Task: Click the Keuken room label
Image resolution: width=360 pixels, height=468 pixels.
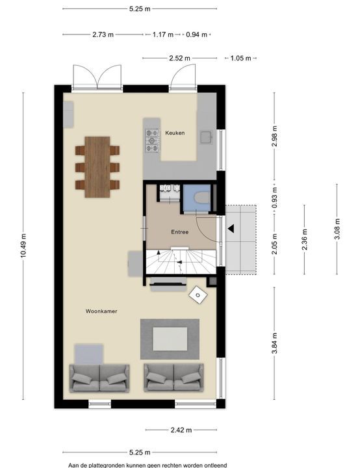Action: point(175,133)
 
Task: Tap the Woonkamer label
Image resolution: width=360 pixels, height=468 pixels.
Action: point(101,311)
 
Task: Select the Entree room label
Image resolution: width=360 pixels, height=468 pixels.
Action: point(180,232)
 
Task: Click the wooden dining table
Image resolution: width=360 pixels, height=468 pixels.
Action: point(97,167)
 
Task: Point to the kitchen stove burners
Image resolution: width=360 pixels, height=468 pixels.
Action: point(152,140)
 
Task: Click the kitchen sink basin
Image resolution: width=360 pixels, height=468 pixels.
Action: point(206,138)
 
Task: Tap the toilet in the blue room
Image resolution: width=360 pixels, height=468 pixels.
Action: point(201,198)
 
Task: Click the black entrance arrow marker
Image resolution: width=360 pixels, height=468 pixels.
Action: point(231,229)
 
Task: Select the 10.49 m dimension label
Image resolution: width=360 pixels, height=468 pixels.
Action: point(23,246)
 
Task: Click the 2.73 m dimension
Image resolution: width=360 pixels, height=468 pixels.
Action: point(103,34)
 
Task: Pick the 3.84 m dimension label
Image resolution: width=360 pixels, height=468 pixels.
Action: point(275,343)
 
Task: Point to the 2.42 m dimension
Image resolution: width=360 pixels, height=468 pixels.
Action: point(181,430)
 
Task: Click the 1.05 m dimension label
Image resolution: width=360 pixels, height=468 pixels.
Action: point(240,58)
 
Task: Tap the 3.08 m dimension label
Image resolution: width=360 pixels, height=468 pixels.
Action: point(337,229)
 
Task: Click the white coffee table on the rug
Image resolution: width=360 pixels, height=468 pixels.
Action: point(170,339)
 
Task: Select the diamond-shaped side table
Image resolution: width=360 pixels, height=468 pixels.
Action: point(198,295)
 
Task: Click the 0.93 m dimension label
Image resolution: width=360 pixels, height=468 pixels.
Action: point(275,198)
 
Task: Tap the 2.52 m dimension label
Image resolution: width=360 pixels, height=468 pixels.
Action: point(180,58)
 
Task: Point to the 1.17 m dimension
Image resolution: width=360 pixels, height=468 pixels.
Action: point(163,34)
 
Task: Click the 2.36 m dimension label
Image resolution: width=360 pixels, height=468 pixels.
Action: point(305,239)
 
